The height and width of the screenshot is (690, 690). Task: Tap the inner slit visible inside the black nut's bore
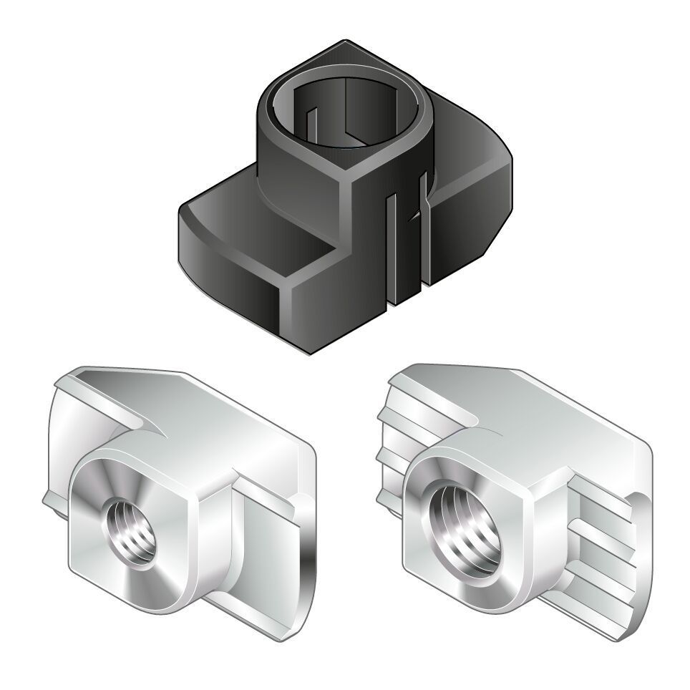coord(344,107)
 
